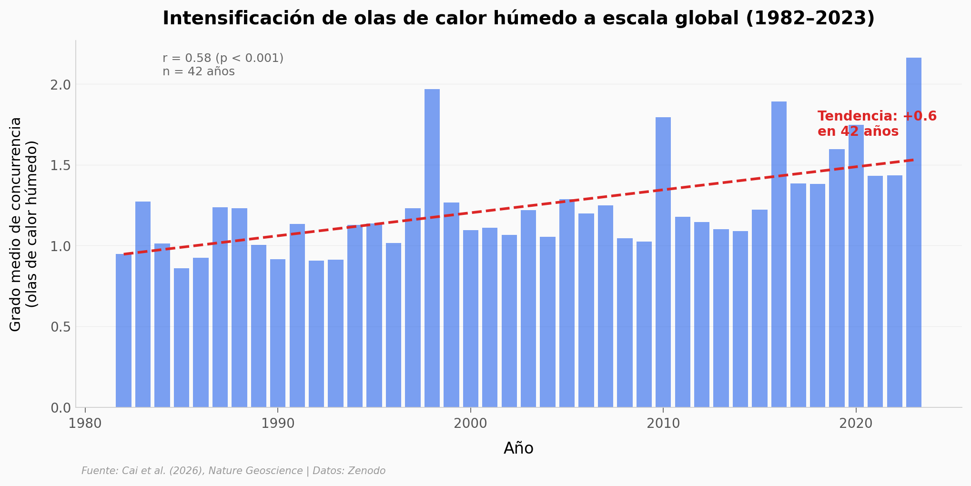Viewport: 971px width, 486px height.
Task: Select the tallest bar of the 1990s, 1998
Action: [x=432, y=248]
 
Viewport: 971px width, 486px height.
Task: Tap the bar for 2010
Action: [x=663, y=262]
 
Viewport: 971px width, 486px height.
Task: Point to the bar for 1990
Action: [x=278, y=333]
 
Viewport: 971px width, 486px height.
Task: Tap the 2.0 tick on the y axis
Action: [x=60, y=85]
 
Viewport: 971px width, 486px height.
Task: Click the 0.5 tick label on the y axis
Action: [x=60, y=327]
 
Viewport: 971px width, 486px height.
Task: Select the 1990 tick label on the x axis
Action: [x=278, y=424]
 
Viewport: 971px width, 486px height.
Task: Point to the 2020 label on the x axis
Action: [x=856, y=424]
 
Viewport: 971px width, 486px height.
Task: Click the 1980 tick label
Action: [x=85, y=424]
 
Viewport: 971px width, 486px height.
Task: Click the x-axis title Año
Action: [x=518, y=448]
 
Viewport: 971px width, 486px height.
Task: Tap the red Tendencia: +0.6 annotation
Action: [x=877, y=117]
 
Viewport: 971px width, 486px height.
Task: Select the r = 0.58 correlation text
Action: [x=223, y=58]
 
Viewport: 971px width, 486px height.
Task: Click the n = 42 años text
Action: [x=198, y=71]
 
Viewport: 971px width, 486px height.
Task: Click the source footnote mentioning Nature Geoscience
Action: [x=233, y=471]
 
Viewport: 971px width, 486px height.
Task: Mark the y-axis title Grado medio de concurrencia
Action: [x=16, y=224]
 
